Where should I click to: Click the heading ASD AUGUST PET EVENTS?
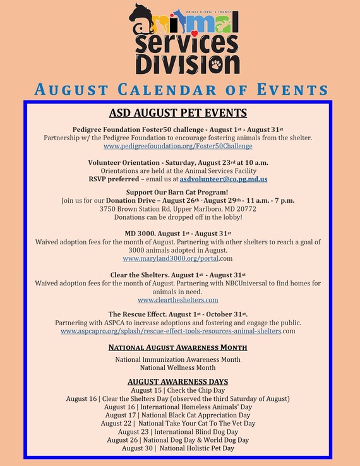coord(177,114)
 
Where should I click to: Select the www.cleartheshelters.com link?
coord(177,300)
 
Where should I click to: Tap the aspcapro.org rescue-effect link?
coord(171,330)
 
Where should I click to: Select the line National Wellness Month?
coord(177,367)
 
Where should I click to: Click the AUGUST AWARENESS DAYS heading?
coord(177,382)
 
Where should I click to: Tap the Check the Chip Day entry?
coord(177,391)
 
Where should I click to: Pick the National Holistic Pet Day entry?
coord(177,448)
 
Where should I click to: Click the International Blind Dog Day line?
coord(177,431)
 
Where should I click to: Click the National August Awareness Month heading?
coord(177,347)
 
